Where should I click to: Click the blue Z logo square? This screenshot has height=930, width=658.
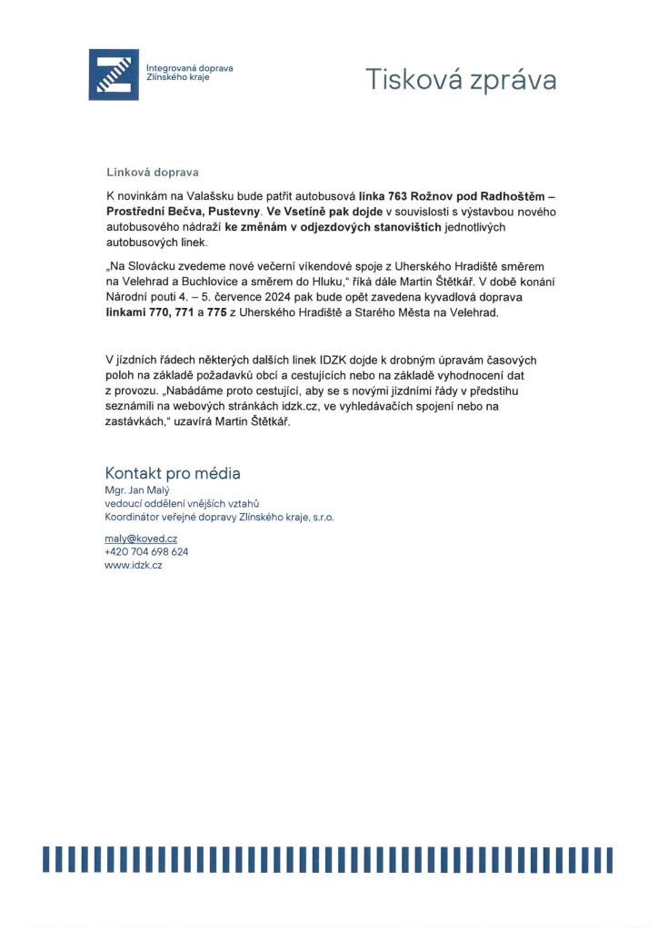coord(114,74)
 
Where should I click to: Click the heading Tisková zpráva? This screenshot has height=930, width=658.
coord(461,80)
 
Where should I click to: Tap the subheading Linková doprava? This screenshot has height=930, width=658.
coord(152,172)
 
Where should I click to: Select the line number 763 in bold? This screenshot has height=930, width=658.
coord(397,195)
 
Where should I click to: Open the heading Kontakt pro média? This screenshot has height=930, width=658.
coord(173,473)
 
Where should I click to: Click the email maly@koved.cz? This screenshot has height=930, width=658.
coord(141,539)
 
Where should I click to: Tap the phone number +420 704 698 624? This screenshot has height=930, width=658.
coord(146,551)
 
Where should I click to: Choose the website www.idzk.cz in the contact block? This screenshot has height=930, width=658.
coord(134,564)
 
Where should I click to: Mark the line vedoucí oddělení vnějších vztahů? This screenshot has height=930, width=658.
coord(183,503)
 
